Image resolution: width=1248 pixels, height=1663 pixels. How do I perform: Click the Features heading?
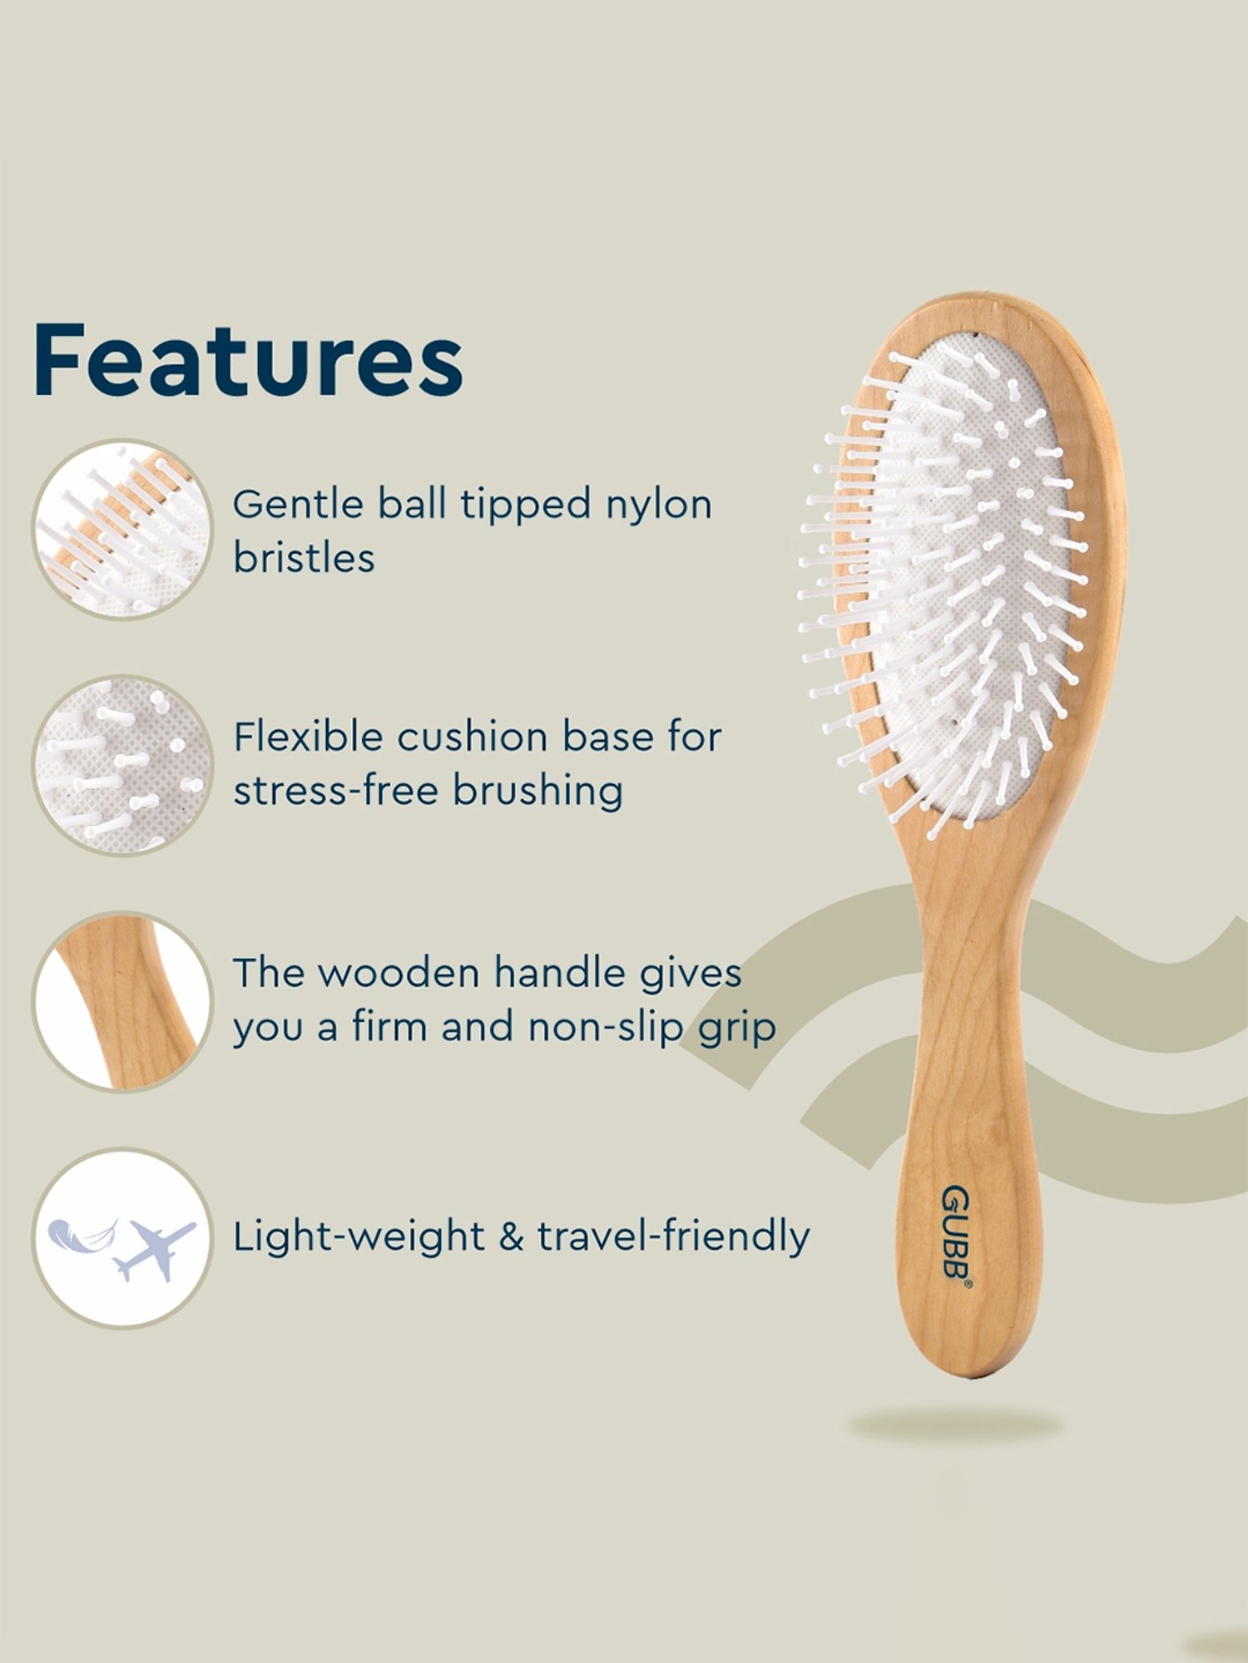pyautogui.click(x=248, y=361)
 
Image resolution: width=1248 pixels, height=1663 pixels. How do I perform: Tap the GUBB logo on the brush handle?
pyautogui.click(x=955, y=1234)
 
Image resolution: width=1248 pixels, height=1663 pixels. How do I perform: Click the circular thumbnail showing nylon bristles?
pyautogui.click(x=123, y=529)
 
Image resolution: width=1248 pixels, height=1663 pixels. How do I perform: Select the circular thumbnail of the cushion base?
pyautogui.click(x=123, y=765)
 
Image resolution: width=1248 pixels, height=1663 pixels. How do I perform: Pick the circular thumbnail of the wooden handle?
pyautogui.click(x=123, y=1001)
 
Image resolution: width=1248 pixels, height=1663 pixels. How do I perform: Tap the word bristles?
pyautogui.click(x=304, y=557)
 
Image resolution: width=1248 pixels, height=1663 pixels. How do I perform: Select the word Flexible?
pyautogui.click(x=307, y=737)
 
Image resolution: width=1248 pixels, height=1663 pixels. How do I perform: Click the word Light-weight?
pyautogui.click(x=358, y=1237)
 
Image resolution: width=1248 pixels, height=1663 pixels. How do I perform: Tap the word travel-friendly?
pyautogui.click(x=673, y=1236)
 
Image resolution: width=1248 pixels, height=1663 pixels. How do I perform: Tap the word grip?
pyautogui.click(x=737, y=1028)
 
